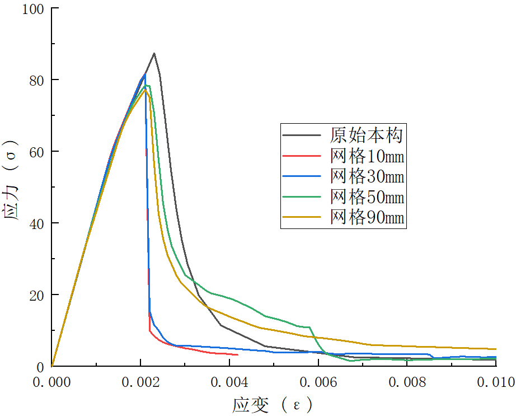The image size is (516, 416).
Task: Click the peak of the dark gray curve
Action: [154, 53]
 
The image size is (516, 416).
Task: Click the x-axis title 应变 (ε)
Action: [273, 404]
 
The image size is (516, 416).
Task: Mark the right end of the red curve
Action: [238, 354]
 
